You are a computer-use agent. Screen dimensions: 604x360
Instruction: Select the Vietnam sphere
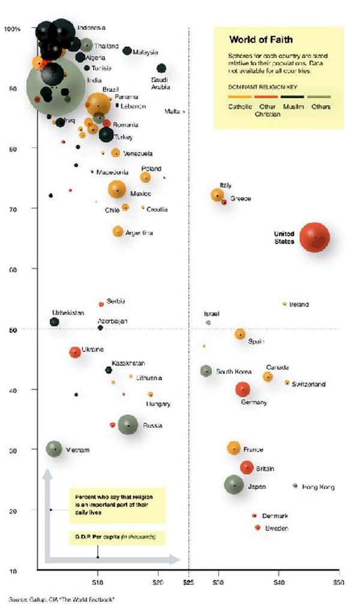coord(55,448)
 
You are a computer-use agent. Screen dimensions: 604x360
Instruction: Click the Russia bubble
coord(128,425)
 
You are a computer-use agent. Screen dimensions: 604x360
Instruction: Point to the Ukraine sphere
coord(75,351)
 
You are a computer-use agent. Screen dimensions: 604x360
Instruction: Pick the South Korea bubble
coord(206,371)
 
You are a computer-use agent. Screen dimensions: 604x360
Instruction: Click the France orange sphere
coord(234,448)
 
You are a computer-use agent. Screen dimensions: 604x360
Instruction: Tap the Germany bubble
coord(242,390)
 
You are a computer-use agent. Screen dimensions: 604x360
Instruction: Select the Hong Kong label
coord(318,487)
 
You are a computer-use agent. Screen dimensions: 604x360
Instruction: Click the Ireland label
coord(299,305)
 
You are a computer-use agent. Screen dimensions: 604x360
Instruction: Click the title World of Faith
coord(261,40)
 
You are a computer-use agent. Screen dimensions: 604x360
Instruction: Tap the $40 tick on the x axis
coord(278,582)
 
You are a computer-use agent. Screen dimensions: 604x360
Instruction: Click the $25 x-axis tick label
coord(188,582)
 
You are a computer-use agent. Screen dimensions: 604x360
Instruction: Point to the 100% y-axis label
coord(13,29)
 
